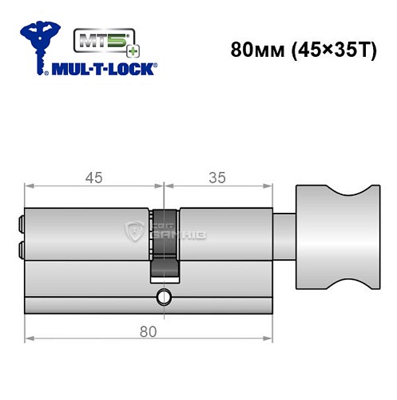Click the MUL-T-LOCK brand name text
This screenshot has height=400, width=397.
(104, 69)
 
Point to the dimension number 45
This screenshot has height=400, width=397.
(94, 178)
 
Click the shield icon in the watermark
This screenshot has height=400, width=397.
(133, 232)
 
